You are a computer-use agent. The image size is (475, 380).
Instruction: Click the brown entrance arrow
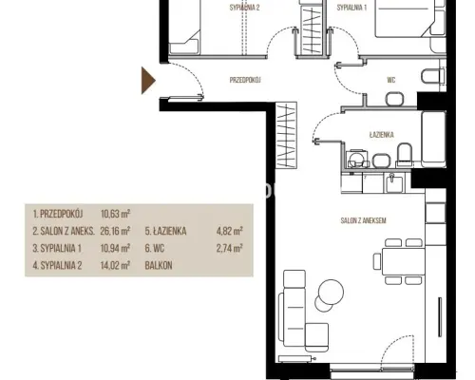click(147, 81)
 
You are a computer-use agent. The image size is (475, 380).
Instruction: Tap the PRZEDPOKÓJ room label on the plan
click(245, 80)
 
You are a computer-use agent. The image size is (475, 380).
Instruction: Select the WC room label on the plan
click(391, 80)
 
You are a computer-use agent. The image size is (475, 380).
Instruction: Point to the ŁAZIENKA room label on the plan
click(382, 135)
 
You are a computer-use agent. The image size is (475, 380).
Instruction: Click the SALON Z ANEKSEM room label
click(364, 220)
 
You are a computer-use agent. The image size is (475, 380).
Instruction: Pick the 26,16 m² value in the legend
click(115, 231)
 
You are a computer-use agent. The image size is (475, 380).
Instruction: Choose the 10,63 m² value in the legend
click(115, 214)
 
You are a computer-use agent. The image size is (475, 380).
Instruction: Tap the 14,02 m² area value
click(115, 265)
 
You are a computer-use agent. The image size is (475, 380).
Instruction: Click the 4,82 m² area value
click(230, 231)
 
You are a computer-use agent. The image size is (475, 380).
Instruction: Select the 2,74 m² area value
click(230, 248)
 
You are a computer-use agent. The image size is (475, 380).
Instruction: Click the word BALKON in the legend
click(159, 265)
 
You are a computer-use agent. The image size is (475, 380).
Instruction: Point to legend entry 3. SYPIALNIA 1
click(57, 248)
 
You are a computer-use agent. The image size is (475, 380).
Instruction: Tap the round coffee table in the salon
click(331, 292)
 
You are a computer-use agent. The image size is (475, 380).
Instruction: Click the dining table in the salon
click(403, 261)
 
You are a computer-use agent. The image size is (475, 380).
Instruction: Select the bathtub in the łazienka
click(433, 139)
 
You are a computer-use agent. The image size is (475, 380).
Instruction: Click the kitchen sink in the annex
click(394, 183)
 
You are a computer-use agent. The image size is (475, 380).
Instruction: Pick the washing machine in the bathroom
click(357, 160)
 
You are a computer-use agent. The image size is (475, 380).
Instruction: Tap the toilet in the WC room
click(432, 76)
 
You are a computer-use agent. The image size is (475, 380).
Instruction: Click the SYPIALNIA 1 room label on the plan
click(351, 8)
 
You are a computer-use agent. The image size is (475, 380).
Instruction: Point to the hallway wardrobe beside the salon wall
click(286, 135)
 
